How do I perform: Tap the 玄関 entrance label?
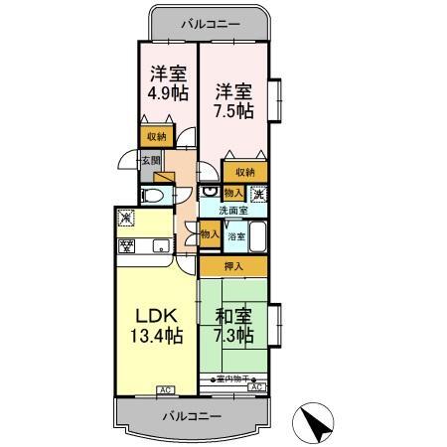point(149,160)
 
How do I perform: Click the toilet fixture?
point(152,196)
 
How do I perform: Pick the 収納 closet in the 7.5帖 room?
point(244,171)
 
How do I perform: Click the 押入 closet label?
point(232,266)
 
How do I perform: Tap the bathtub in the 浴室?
point(257,238)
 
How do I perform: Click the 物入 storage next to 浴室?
point(209,234)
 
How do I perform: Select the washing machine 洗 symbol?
point(256,194)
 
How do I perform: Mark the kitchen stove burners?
point(127,245)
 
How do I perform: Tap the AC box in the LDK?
point(164,390)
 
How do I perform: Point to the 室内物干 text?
point(232,379)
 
